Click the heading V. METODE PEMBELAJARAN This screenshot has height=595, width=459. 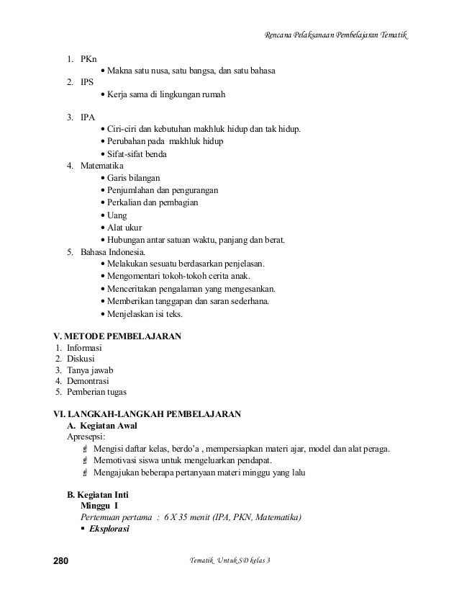tap(119, 336)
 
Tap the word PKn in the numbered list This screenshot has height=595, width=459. tap(89, 58)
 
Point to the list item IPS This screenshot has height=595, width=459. tap(88, 83)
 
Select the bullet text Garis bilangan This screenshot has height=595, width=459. tap(135, 178)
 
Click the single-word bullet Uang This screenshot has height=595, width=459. tap(116, 215)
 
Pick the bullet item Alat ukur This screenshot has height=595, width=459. tap(124, 227)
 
